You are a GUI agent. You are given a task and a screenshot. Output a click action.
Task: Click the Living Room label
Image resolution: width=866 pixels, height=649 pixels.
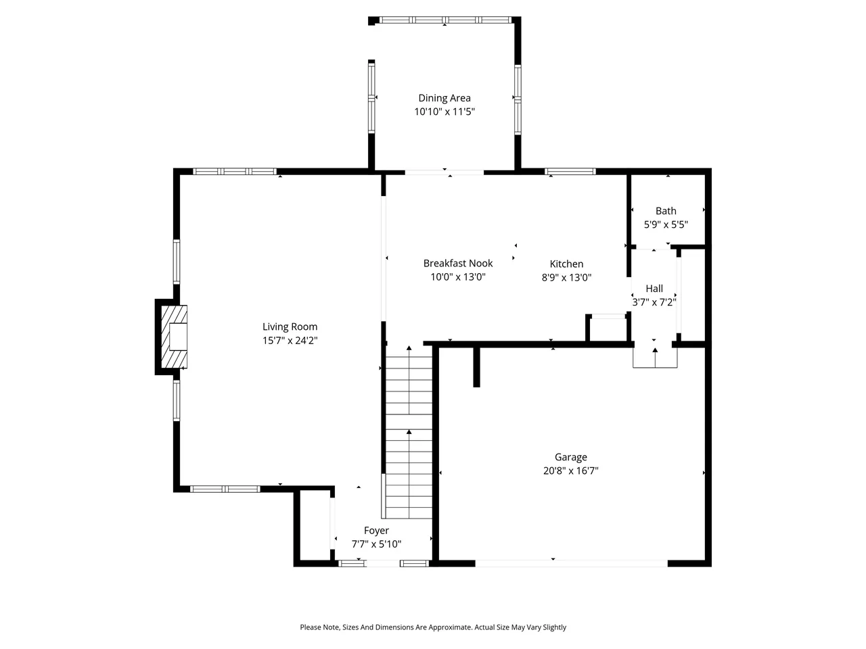point(290,327)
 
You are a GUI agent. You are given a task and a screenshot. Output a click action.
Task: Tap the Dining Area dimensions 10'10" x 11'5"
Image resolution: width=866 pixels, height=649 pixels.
point(445,112)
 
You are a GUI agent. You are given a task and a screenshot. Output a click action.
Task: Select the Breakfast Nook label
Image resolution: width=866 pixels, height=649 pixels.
point(457,263)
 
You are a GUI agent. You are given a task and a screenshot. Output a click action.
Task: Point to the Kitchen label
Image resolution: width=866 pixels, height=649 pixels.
point(566,264)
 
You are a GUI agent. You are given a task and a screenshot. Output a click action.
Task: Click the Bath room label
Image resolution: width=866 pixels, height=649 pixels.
point(666,211)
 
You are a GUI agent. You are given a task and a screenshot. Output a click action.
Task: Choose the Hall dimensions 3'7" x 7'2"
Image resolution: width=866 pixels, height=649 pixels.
point(654,302)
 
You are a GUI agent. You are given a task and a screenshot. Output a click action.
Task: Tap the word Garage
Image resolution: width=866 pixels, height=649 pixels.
point(570,457)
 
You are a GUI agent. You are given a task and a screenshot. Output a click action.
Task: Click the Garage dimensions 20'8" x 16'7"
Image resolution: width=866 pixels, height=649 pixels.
point(570,471)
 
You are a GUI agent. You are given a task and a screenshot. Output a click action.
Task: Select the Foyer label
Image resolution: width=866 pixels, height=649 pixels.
point(376,531)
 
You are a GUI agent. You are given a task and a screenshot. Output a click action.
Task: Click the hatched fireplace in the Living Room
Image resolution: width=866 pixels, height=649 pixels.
point(174,337)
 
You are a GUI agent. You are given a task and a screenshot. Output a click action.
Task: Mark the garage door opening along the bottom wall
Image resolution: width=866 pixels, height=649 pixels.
point(571,564)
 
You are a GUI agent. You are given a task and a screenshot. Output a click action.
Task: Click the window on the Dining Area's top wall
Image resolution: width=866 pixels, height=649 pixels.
point(445,20)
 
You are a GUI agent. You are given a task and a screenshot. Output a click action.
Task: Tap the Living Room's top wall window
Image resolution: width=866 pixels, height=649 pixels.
point(235,172)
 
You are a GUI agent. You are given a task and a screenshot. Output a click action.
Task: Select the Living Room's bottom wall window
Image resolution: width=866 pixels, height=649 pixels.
point(225,489)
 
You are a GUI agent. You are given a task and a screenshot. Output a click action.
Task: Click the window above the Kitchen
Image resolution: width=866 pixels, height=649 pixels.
point(570,172)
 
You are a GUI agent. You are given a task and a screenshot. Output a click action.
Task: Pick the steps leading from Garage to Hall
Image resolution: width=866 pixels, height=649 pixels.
point(655,358)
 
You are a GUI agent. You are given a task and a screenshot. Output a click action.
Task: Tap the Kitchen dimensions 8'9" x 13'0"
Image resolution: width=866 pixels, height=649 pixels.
point(566,277)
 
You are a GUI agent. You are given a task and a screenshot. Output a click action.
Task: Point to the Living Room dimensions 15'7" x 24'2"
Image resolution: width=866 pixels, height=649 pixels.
point(290,340)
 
